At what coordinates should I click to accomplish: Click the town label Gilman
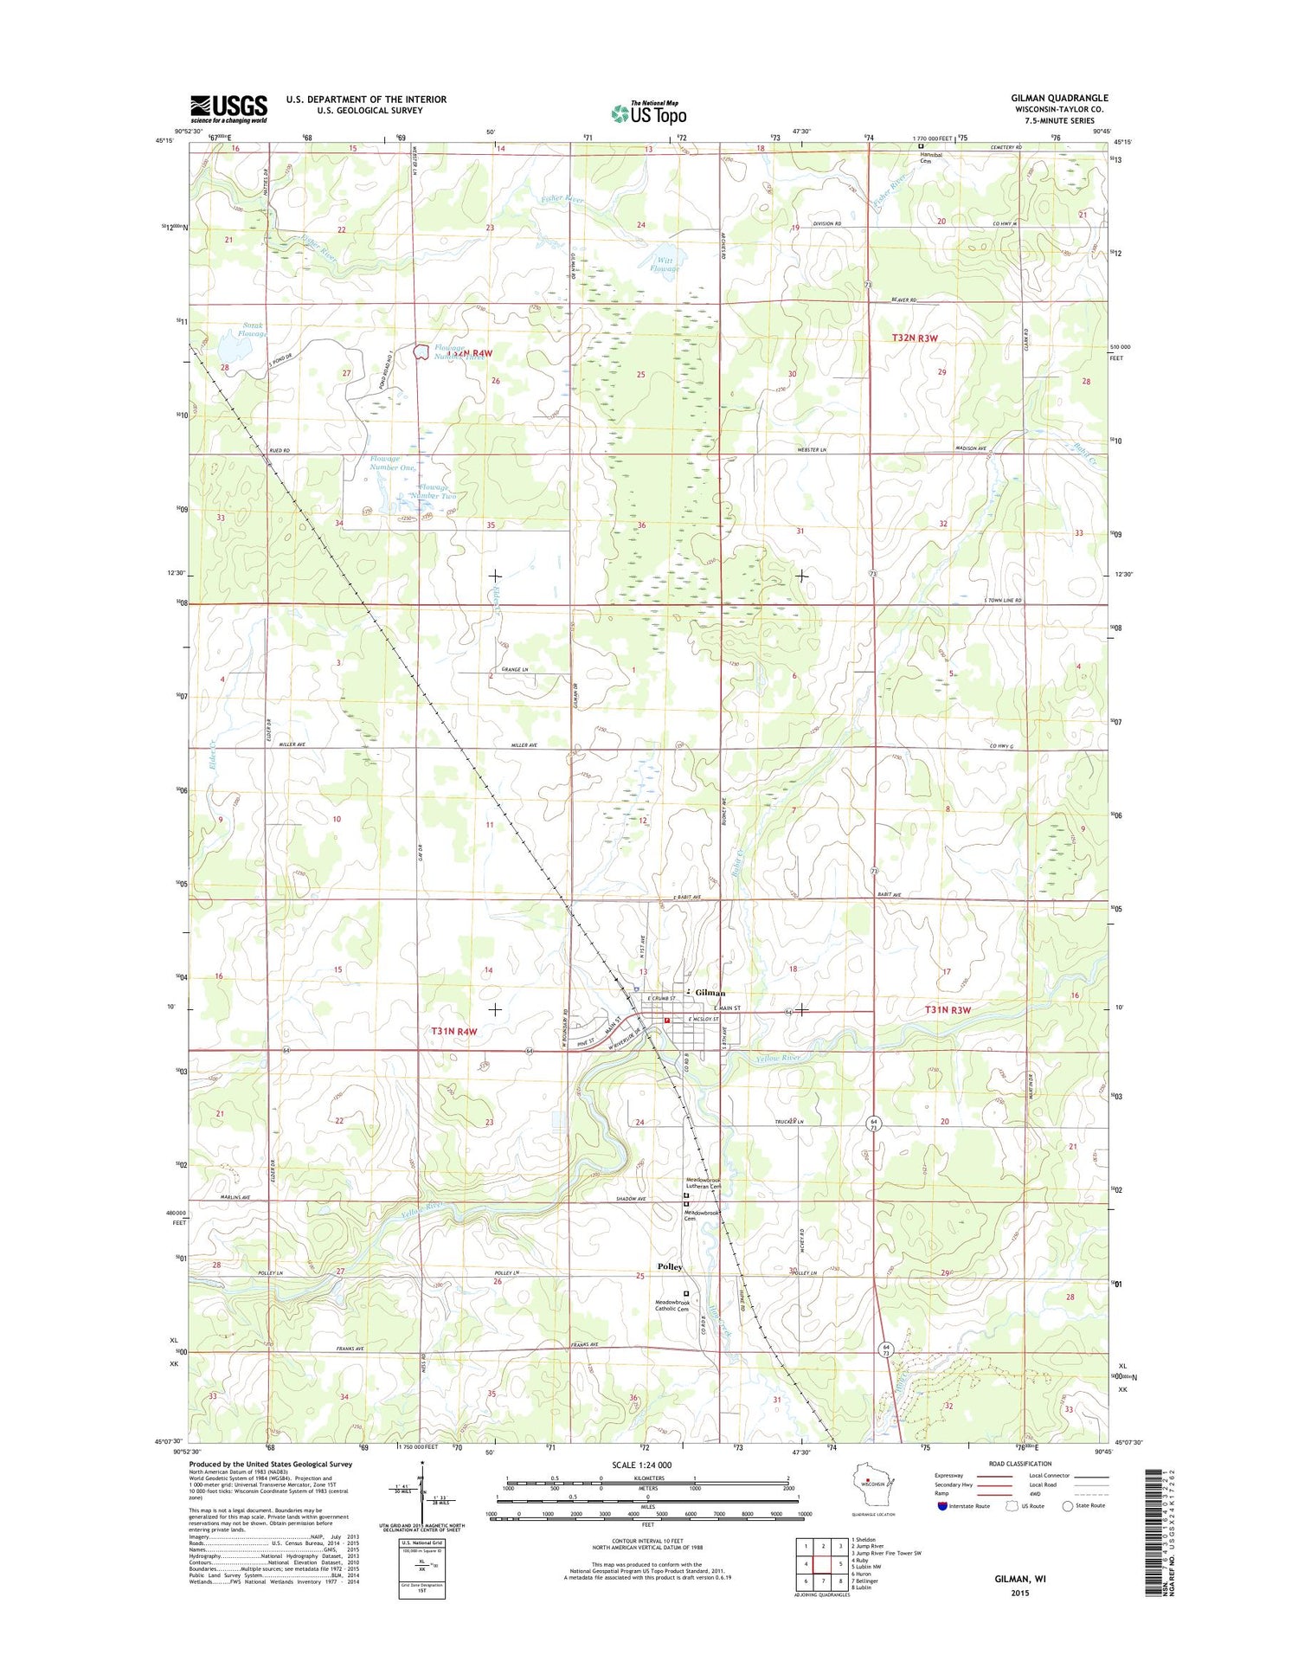click(710, 992)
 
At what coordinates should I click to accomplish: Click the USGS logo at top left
click(228, 109)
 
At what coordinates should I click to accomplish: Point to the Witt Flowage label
click(665, 264)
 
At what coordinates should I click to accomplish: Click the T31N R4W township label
click(454, 1031)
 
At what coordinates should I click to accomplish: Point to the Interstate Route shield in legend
click(942, 1505)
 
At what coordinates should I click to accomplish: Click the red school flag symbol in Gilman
click(667, 1021)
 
